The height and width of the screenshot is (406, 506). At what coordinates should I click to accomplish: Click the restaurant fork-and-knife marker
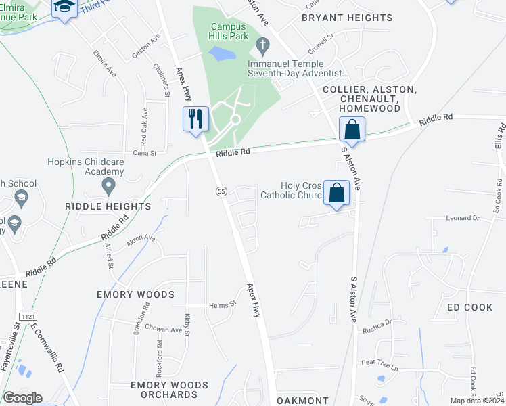pos(195,119)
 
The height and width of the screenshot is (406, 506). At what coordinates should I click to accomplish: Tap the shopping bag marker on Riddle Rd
pos(352,128)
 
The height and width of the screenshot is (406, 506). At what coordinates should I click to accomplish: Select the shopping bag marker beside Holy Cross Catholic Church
pos(336,192)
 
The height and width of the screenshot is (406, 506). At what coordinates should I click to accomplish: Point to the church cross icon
pos(263,46)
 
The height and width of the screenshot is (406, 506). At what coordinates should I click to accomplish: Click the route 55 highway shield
pos(221,192)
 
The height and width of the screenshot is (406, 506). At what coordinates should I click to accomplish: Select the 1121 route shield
pos(28,317)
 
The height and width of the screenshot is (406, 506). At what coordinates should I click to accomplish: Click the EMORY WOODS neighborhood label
pos(135,294)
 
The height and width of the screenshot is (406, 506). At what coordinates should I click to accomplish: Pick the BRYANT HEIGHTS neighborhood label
pos(347,18)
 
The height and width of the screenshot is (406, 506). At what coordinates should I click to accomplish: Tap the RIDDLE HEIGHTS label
pos(108,206)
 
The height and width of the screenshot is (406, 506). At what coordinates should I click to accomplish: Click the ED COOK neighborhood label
pos(470,307)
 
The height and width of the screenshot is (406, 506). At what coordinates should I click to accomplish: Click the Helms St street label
pos(221,305)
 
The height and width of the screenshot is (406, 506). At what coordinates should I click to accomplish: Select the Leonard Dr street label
pos(462,219)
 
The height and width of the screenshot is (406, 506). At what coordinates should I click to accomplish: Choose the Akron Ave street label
pos(141,239)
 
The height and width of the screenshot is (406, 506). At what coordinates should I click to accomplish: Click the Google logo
pos(23,398)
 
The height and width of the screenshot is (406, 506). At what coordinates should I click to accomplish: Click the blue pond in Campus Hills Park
pos(223,53)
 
